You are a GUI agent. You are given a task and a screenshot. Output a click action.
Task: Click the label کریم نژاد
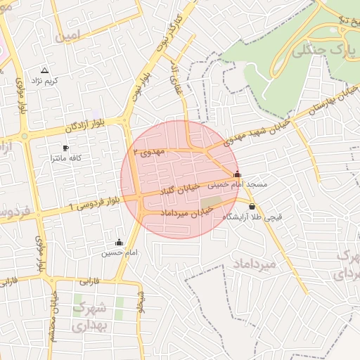point(45,82)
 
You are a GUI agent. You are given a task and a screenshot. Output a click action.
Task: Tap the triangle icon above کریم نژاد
point(45,71)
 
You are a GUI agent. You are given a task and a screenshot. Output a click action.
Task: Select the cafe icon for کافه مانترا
point(65,148)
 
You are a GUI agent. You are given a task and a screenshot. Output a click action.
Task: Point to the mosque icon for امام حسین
point(119,243)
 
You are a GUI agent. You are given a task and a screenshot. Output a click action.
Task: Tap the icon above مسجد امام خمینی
point(237,174)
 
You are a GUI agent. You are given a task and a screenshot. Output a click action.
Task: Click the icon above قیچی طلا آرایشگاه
point(252,206)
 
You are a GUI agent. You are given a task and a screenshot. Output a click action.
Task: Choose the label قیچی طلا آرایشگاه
point(252,217)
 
